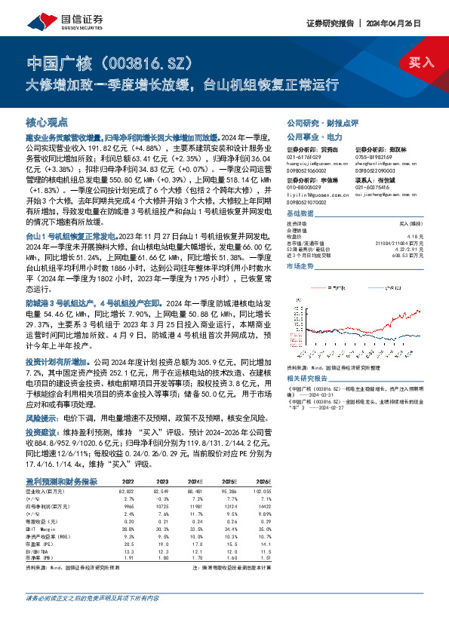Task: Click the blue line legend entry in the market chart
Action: point(386,287)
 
